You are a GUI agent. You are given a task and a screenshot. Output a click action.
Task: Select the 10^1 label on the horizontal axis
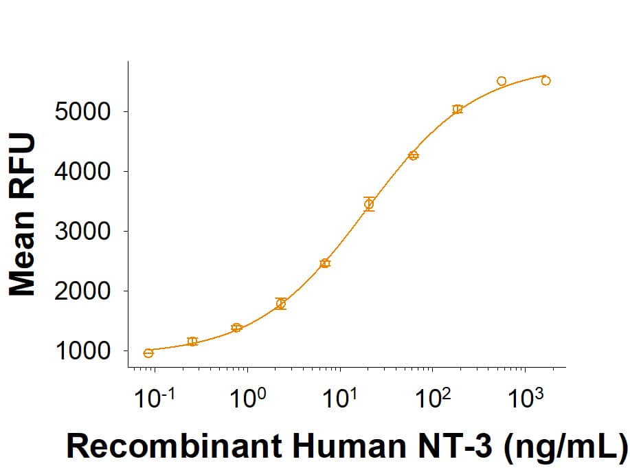[340, 398]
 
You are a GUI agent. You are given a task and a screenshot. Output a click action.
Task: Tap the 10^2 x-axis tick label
[432, 398]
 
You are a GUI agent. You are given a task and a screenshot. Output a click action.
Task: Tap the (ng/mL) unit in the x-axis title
[564, 447]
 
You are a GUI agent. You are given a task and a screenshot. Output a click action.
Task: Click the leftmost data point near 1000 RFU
[148, 353]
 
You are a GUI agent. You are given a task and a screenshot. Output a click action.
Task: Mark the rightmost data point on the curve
[545, 80]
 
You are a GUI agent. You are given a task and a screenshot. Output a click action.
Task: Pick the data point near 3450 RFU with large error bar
[369, 204]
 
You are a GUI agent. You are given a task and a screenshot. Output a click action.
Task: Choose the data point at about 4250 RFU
[413, 155]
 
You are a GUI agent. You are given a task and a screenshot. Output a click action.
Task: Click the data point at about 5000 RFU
[458, 109]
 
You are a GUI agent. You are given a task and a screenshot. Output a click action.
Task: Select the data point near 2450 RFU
[325, 263]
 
